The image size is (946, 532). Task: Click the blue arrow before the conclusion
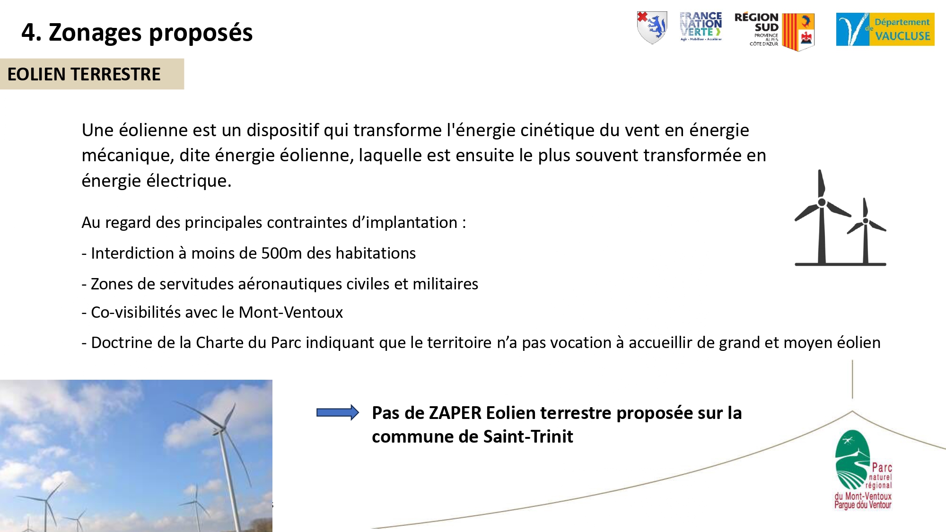pyautogui.click(x=337, y=412)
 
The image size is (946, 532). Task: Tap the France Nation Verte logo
pyautogui.click(x=701, y=26)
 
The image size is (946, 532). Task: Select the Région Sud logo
pyautogui.click(x=774, y=31)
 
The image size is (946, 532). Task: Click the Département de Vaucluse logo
pyautogui.click(x=885, y=29)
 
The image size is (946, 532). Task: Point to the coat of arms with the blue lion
pyautogui.click(x=652, y=27)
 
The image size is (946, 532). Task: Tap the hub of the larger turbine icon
pyautogui.click(x=822, y=202)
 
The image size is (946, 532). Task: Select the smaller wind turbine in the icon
pyautogui.click(x=866, y=231)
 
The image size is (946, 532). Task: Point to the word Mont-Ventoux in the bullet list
pyautogui.click(x=290, y=312)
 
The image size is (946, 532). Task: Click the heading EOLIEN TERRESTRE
pyautogui.click(x=84, y=74)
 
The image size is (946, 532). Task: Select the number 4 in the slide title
pyautogui.click(x=28, y=33)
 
